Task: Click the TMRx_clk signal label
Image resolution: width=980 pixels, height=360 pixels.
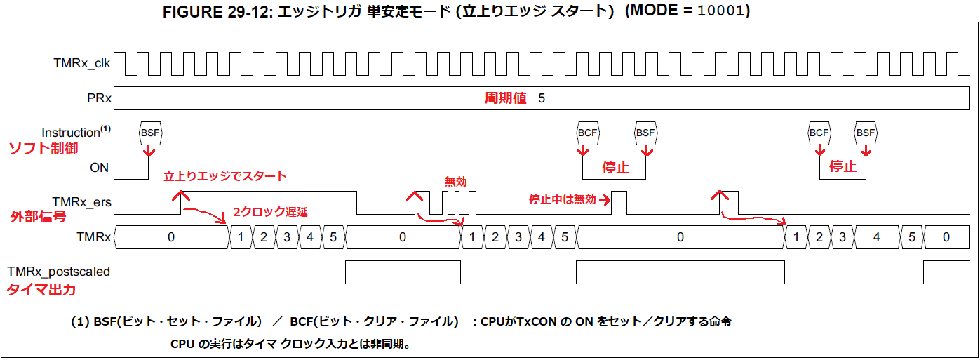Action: pyautogui.click(x=81, y=63)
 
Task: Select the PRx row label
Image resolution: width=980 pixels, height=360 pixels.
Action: pyautogui.click(x=99, y=98)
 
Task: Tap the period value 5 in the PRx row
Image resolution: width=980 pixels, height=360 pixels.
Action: pyautogui.click(x=542, y=98)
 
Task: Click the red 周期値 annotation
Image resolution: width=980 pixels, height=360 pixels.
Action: pyautogui.click(x=505, y=98)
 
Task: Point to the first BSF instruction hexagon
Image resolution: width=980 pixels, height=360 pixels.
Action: pyautogui.click(x=150, y=133)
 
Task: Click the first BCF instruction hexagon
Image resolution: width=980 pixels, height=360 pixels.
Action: pyautogui.click(x=586, y=133)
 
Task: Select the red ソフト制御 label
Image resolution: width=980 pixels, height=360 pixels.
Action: pyautogui.click(x=42, y=149)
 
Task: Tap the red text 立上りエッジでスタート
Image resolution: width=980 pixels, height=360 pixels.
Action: pyautogui.click(x=225, y=176)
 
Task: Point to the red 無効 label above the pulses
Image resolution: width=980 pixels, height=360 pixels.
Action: pyautogui.click(x=455, y=182)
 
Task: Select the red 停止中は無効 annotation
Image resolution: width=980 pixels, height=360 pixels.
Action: pyautogui.click(x=561, y=199)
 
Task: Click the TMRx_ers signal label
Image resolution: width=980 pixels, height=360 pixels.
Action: pyautogui.click(x=81, y=202)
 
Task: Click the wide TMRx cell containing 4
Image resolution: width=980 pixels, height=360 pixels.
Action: pyautogui.click(x=876, y=237)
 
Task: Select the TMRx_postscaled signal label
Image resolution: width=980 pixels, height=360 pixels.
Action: pyautogui.click(x=59, y=272)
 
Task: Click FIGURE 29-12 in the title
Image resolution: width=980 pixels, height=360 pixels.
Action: pyautogui.click(x=217, y=13)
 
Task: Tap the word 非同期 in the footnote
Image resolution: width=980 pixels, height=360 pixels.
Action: pyautogui.click(x=387, y=345)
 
